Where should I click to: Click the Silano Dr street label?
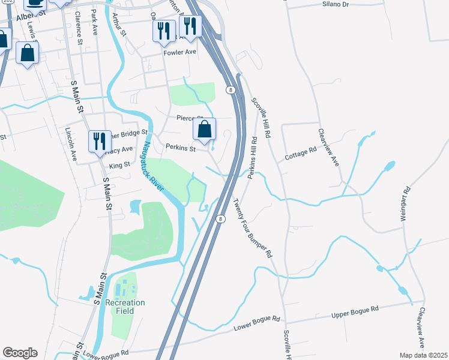pos(336,4)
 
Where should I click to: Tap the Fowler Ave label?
pos(180,52)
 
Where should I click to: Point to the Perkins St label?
pos(181,147)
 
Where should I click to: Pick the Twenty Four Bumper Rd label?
pos(252,229)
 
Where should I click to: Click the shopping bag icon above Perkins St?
pos(205,129)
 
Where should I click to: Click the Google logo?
pos(20,353)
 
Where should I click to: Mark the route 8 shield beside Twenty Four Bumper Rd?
pos(221,219)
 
